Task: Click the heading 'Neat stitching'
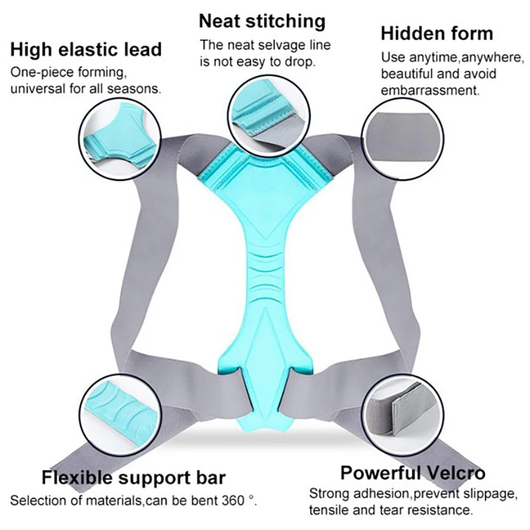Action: pyautogui.click(x=262, y=21)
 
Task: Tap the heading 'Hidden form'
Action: pyautogui.click(x=437, y=33)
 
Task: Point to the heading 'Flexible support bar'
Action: pyautogui.click(x=133, y=478)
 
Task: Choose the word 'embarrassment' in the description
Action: pyautogui.click(x=429, y=89)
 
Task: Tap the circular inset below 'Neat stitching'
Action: pyautogui.click(x=263, y=108)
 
